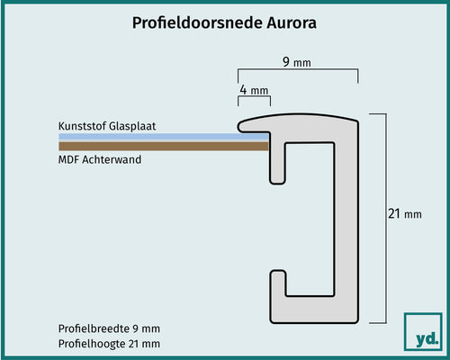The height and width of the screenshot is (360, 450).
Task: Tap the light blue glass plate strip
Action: click(x=162, y=137)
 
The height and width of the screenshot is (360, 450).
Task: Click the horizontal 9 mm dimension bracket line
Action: click(x=297, y=73)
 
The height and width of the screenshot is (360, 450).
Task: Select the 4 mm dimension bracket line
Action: click(x=254, y=101)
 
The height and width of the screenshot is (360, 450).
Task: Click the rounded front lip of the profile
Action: click(x=245, y=121)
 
